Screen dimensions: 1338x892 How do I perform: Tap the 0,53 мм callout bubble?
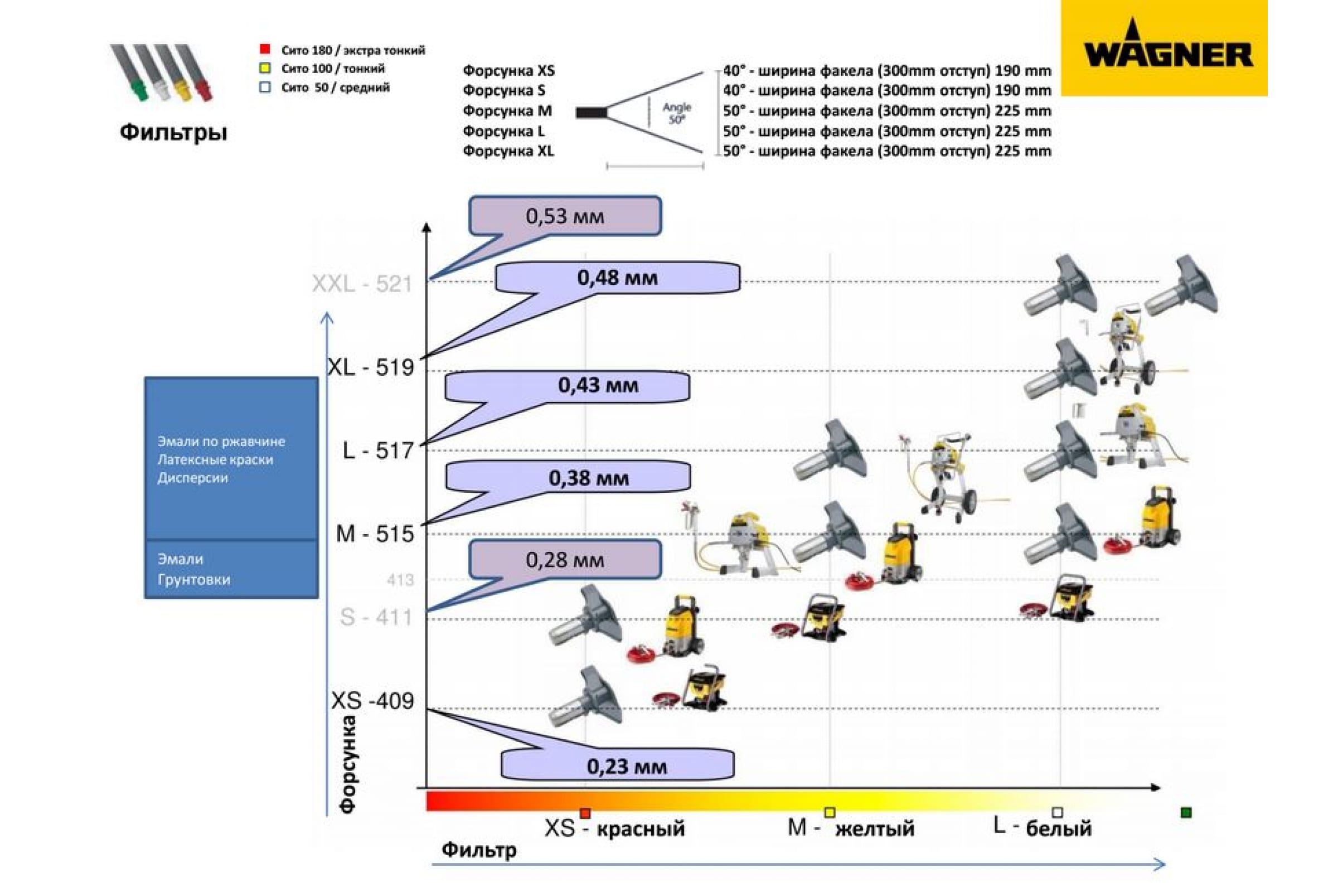click(565, 216)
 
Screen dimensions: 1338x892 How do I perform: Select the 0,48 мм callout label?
click(617, 278)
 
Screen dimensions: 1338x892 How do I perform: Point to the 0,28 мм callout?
click(565, 559)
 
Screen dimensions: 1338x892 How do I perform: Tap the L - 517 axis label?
click(379, 450)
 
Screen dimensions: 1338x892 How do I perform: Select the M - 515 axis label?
click(375, 534)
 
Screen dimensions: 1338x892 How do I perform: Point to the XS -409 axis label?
click(372, 701)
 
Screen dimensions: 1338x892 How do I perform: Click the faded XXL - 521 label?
click(362, 283)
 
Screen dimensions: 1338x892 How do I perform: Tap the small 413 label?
click(400, 580)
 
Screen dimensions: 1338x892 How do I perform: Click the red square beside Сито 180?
click(264, 50)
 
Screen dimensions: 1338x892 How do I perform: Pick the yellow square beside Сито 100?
click(264, 68)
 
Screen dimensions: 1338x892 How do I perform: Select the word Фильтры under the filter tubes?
click(173, 133)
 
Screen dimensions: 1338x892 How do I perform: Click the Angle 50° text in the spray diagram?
click(677, 113)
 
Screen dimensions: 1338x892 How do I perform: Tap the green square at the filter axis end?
click(1186, 812)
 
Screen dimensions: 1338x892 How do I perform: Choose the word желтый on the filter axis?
click(875, 828)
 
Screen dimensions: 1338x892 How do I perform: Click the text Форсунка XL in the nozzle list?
click(508, 151)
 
